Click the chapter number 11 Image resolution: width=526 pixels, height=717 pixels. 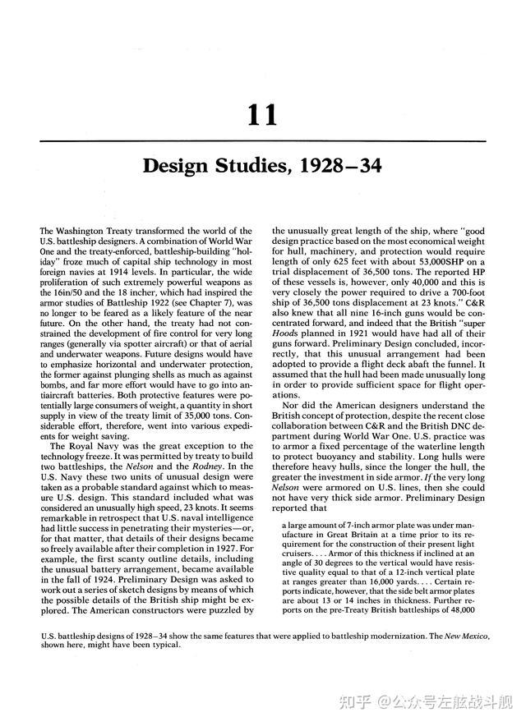[x=262, y=115]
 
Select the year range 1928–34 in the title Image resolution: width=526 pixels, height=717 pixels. [x=338, y=167]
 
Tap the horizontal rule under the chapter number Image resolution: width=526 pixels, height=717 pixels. [x=262, y=140]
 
